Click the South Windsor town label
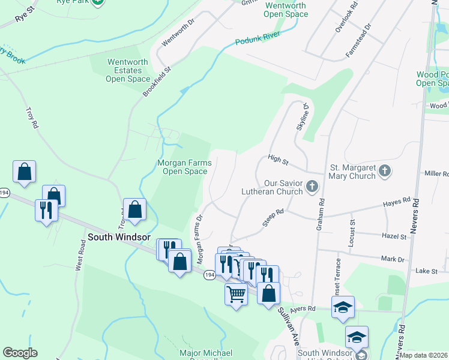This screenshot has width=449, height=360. [119, 237]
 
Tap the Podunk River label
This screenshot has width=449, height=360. [258, 39]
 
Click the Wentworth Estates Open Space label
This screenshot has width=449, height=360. [128, 70]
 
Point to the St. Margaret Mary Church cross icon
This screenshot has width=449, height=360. [385, 172]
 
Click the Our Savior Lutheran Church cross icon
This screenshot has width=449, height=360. [312, 187]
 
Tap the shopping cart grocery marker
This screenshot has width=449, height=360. [236, 294]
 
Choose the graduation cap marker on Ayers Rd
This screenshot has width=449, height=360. [343, 307]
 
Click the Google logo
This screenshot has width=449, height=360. [20, 353]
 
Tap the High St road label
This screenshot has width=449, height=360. [279, 160]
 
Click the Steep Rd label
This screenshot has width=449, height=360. [273, 217]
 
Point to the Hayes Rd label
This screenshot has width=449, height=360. [397, 203]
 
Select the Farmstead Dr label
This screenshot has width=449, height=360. [358, 41]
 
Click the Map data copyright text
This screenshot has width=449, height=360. [424, 355]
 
